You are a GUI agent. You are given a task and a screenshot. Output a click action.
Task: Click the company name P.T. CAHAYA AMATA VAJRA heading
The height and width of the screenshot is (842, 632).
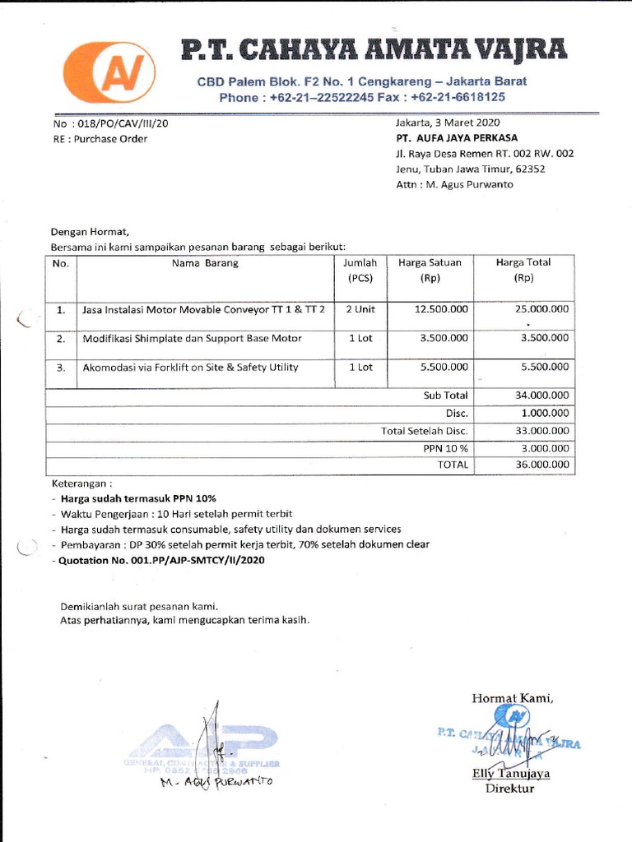(x=374, y=51)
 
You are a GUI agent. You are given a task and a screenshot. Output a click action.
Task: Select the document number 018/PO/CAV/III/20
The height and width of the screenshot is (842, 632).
(x=123, y=123)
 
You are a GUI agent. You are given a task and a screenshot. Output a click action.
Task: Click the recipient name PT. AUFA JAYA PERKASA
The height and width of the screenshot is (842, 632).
(x=457, y=138)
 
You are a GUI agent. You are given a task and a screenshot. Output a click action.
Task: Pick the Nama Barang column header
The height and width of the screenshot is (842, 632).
(x=205, y=263)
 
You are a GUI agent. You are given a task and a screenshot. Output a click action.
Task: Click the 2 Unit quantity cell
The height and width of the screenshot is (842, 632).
(x=360, y=310)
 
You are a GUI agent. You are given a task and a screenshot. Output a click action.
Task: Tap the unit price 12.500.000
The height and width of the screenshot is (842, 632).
(x=441, y=310)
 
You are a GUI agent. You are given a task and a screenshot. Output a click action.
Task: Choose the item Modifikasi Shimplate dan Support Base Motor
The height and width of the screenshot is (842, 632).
(x=192, y=338)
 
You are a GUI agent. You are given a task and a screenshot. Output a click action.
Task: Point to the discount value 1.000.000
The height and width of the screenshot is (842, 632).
(x=546, y=413)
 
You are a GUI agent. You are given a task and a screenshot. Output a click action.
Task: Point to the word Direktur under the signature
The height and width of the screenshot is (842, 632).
(x=509, y=789)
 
